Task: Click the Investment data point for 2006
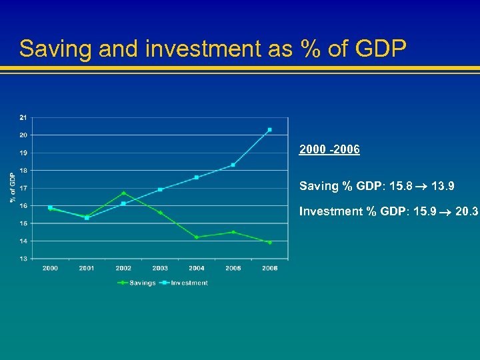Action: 269,129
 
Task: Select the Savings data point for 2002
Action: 123,193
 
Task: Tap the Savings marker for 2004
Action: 197,237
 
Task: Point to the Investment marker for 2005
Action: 233,165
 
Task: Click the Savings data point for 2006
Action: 269,242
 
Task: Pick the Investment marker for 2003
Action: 160,189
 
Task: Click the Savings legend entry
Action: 136,283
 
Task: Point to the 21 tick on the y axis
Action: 24,117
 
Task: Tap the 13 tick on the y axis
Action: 24,258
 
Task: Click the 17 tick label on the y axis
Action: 24,188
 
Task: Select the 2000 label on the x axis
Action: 50,268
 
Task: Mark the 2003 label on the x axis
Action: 160,268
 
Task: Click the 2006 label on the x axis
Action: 269,268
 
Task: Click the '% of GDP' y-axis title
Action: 12,187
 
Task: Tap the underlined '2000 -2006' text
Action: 329,150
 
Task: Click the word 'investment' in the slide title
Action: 183,49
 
